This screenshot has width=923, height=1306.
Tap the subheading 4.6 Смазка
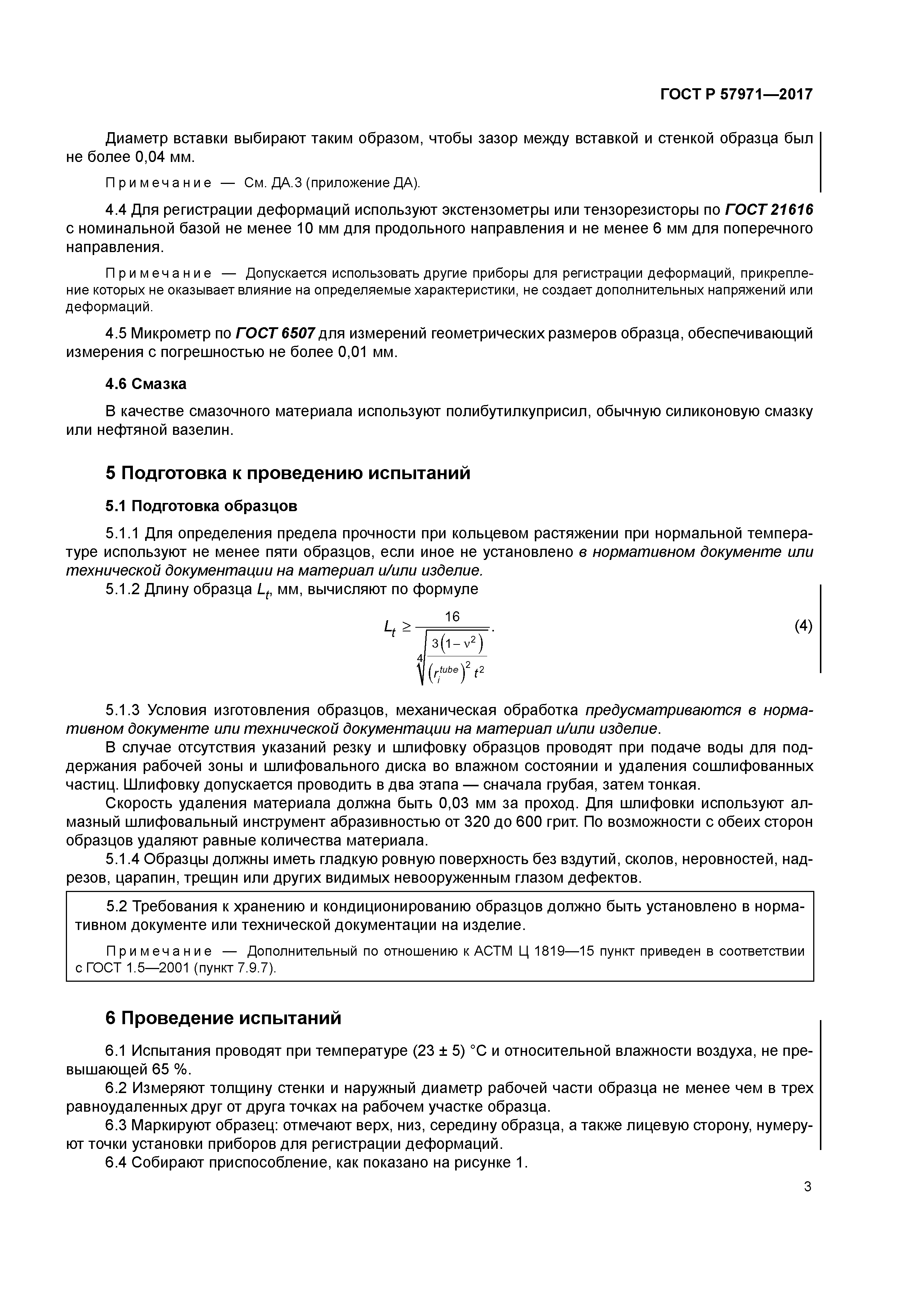pos(146,384)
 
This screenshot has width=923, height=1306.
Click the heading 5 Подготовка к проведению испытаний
pos(288,473)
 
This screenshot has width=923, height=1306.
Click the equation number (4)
pos(802,626)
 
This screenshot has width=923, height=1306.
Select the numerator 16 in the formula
pos(452,617)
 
